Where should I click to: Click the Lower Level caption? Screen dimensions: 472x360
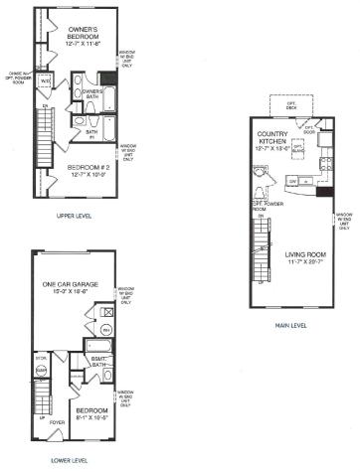click(x=70, y=460)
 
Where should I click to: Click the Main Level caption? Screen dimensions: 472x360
click(x=288, y=325)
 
